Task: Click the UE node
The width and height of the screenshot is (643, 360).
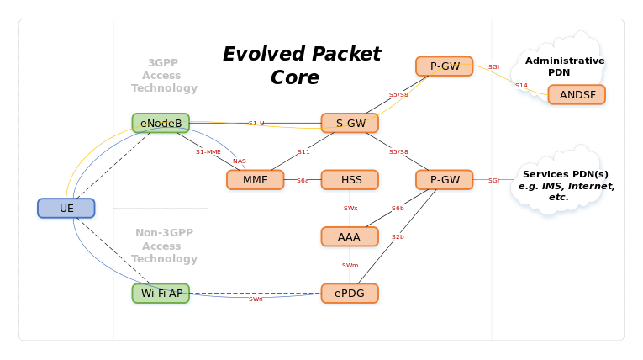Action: coord(66,209)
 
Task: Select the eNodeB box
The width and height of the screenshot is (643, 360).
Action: coord(161,124)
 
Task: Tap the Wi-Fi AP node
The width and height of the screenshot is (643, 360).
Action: coord(161,294)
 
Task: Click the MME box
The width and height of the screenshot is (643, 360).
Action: coord(256,180)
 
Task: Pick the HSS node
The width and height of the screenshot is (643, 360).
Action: coord(350,180)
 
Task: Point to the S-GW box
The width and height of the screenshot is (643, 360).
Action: coord(350,124)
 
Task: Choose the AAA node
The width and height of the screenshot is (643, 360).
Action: coord(350,237)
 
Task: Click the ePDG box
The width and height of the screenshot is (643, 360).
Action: coord(350,294)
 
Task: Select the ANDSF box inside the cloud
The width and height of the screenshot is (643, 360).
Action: coord(577,95)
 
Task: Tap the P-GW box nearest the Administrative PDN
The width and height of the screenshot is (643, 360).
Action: coord(445,66)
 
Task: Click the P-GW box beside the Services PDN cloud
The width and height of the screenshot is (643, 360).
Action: coord(445,180)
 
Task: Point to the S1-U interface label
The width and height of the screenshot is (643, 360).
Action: coord(256,124)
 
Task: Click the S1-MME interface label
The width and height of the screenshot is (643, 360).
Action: coord(208,152)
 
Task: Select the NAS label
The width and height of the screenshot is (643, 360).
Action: coord(240,161)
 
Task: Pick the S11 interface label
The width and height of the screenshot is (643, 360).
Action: coord(303,152)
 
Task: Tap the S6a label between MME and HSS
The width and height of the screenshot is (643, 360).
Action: coord(303,180)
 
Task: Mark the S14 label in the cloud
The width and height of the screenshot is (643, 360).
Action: coord(521,86)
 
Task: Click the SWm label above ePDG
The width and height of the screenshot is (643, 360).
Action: coord(350,265)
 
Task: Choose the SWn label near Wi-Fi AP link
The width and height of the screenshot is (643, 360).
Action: coord(256,299)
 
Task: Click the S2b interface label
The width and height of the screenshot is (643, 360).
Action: coord(398,237)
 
